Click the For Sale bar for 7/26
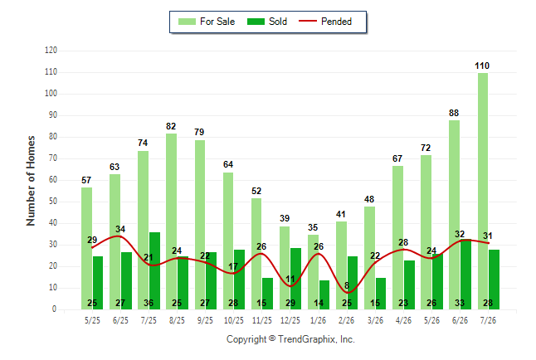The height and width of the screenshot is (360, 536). click(483, 191)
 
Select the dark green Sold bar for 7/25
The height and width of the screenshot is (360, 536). click(154, 271)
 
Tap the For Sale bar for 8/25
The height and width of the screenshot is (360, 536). click(171, 221)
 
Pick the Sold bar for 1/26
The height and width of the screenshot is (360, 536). click(324, 295)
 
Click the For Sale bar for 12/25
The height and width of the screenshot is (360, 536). click(285, 268)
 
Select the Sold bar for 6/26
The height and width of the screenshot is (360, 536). click(465, 275)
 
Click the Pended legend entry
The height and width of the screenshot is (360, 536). click(325, 22)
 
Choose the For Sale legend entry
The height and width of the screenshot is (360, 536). click(207, 22)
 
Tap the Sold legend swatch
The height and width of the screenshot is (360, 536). click(256, 22)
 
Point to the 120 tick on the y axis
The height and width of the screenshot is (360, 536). click(51, 51)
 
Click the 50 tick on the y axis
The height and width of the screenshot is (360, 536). click(52, 202)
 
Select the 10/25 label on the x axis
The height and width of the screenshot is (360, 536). click(234, 320)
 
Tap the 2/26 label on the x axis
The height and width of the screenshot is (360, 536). click(347, 320)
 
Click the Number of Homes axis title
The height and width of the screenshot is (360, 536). click(31, 181)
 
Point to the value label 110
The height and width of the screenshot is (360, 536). click(482, 66)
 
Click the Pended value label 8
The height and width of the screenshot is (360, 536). click(347, 285)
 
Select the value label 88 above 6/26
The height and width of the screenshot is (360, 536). click(454, 113)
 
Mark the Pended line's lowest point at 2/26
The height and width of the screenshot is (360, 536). click(348, 293)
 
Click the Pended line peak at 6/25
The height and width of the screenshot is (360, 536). click(119, 236)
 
